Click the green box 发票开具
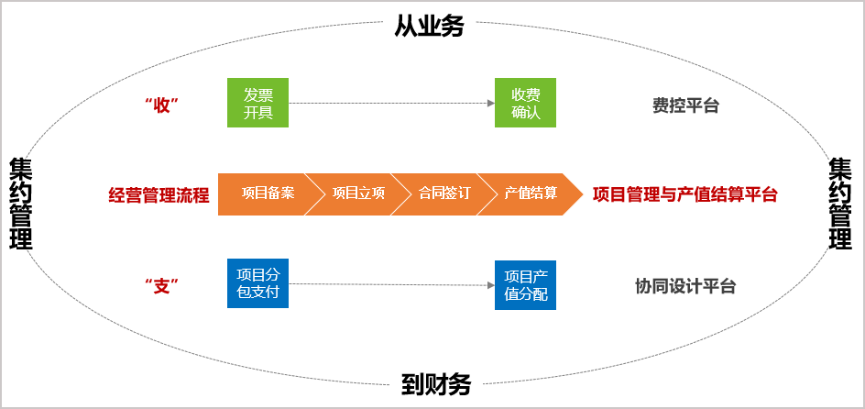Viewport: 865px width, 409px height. [257, 103]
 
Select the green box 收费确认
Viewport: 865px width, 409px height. [525, 103]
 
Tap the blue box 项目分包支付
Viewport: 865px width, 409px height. [257, 284]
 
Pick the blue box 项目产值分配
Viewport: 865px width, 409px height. [525, 285]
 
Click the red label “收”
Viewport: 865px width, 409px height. [160, 105]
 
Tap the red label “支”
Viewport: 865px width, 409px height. [160, 286]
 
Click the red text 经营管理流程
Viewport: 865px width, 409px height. [159, 194]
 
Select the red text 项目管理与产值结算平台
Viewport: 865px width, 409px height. [684, 194]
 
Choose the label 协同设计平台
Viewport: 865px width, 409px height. [685, 286]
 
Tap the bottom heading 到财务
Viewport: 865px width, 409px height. [435, 384]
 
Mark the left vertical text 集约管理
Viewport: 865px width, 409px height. [20, 204]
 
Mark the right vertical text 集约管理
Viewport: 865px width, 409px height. [839, 204]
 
